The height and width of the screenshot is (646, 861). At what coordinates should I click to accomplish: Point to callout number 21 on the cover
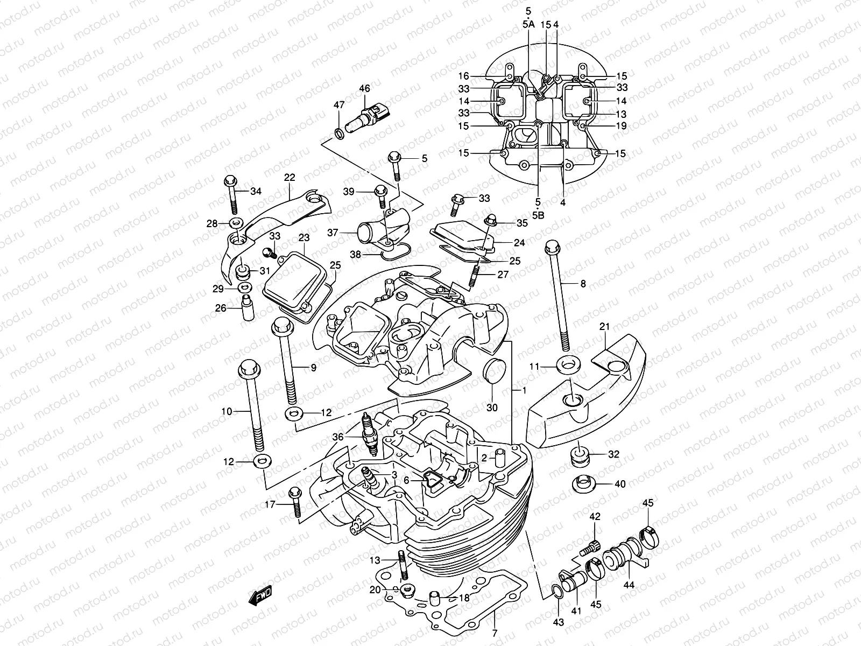[604, 327]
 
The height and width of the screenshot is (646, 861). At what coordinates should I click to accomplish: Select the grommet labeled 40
[582, 483]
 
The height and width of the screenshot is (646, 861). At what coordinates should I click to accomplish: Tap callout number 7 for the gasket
[495, 633]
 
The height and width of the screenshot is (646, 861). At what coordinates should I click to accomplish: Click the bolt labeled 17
[295, 503]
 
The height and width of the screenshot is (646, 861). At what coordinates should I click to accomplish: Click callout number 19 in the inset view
[621, 126]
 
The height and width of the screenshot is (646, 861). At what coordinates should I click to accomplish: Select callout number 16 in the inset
[464, 76]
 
